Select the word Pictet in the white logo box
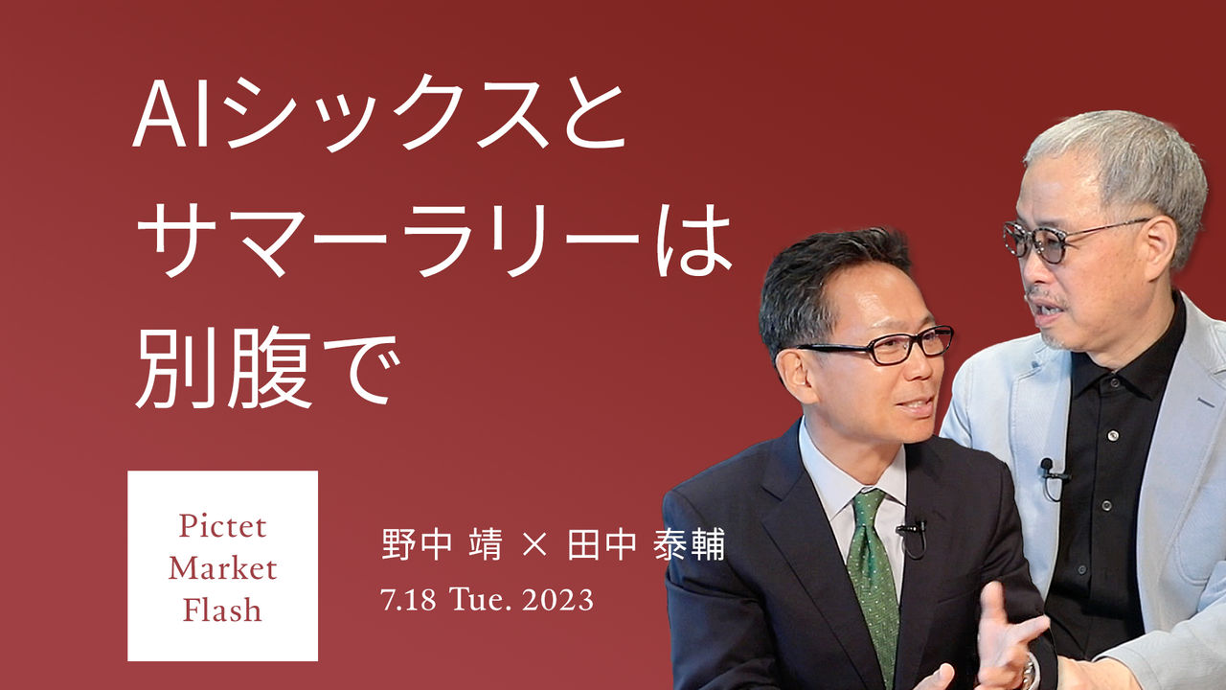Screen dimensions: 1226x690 coord(223,526)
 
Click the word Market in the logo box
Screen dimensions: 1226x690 coord(223,568)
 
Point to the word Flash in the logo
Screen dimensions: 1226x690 coord(222,609)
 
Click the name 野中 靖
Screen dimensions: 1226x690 coord(442,544)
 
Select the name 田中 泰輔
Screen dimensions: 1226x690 coord(646,544)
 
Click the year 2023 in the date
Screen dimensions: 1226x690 coord(557,600)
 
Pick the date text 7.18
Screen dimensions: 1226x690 coord(408,600)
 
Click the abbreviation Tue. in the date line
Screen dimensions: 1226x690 coord(481,600)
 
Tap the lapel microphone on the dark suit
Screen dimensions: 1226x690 coord(911,529)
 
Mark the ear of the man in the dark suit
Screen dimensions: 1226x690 coord(791,376)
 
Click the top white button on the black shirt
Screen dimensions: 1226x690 coord(1113,436)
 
